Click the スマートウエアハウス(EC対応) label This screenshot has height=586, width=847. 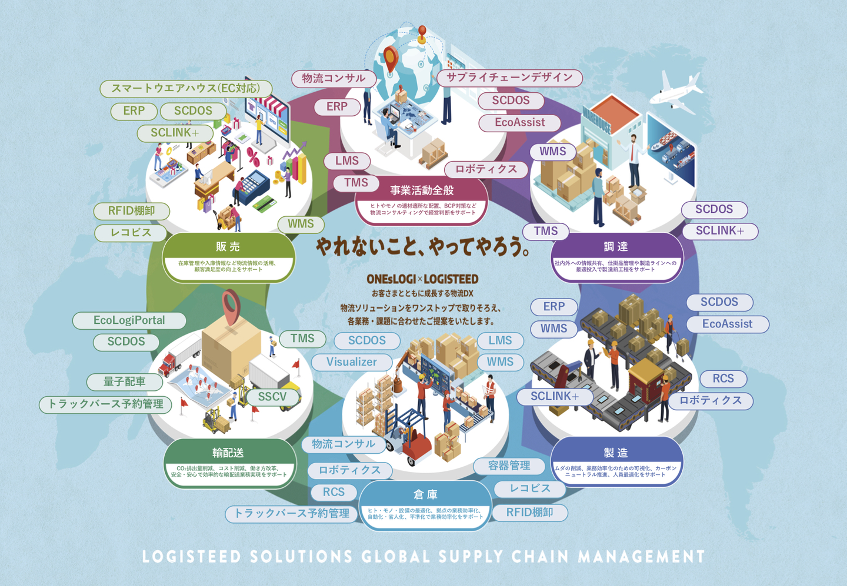click(185, 88)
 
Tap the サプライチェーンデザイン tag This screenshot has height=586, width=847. click(509, 78)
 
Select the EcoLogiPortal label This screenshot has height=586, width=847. click(129, 320)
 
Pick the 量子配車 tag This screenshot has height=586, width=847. click(125, 382)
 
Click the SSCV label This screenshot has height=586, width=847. click(272, 397)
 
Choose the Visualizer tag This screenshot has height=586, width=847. click(352, 362)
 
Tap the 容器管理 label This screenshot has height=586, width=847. click(509, 466)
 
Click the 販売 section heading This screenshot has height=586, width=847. click(228, 247)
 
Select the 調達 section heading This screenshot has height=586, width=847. click(616, 247)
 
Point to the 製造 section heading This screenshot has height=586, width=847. click(616, 453)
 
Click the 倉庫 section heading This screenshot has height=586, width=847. click(425, 494)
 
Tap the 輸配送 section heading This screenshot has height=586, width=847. click(228, 453)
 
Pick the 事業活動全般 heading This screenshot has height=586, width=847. click(422, 190)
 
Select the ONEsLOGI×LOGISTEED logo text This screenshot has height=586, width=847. click(422, 279)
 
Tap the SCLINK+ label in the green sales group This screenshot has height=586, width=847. click(175, 133)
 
